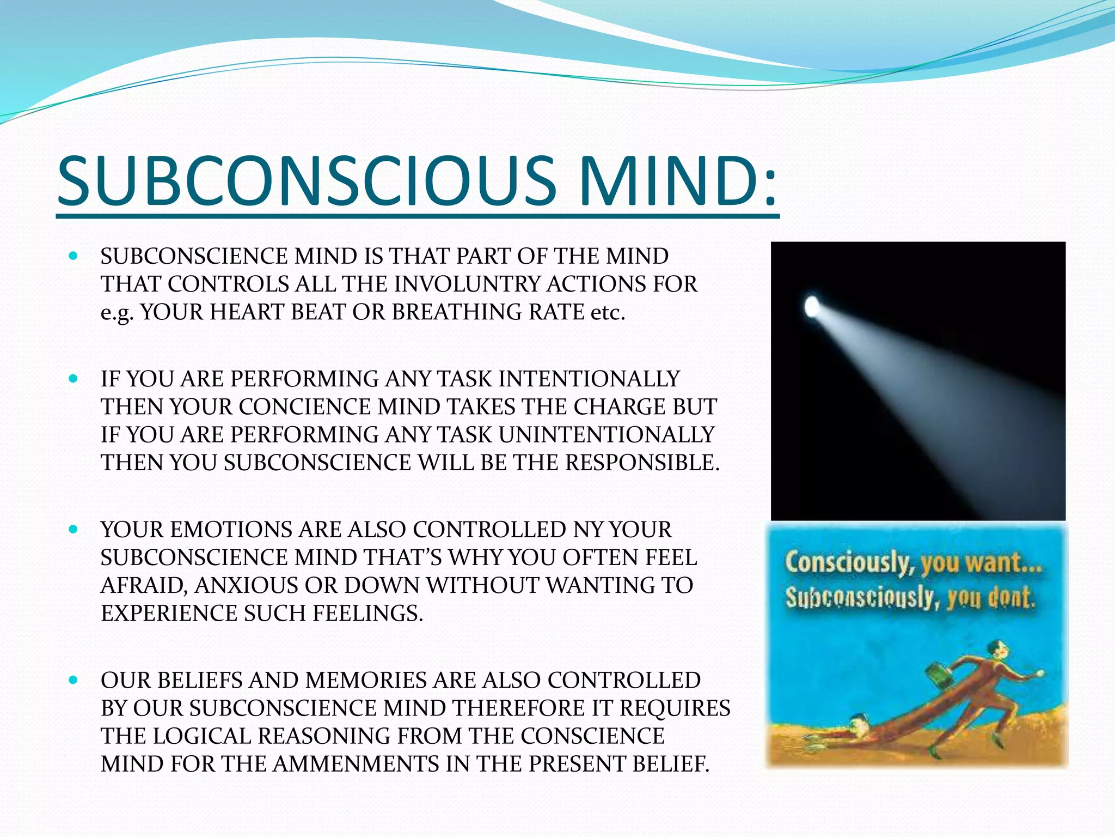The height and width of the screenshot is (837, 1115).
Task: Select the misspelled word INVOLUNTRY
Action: pos(467,284)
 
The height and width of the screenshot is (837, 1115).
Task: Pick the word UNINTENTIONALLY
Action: pos(606,435)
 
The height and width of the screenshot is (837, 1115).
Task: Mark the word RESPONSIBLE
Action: pos(642,463)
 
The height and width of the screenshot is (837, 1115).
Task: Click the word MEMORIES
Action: pos(363,681)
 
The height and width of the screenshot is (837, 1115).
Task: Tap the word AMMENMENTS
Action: pos(356,764)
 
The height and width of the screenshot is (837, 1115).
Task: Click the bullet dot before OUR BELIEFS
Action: pos(73,680)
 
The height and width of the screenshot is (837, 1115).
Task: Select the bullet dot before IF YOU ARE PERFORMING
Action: pos(73,378)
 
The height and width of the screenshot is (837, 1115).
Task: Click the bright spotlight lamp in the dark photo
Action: pos(812,306)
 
